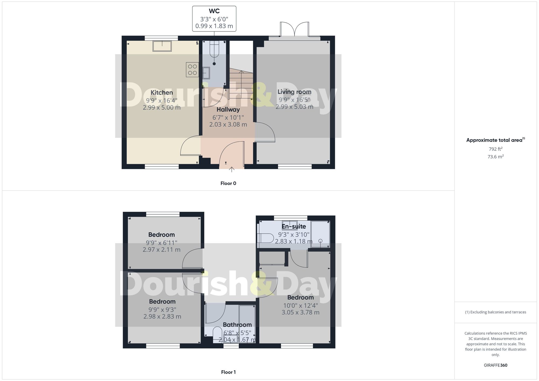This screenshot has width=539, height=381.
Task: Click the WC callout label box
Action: pyautogui.click(x=214, y=19)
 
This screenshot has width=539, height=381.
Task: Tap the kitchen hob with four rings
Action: pyautogui.click(x=192, y=69)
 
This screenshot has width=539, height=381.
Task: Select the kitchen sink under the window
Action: pyautogui.click(x=162, y=46)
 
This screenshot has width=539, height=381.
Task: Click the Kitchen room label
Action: pyautogui.click(x=162, y=93)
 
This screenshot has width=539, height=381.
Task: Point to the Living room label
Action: pyautogui.click(x=294, y=92)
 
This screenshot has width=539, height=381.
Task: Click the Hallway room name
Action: pyautogui.click(x=228, y=110)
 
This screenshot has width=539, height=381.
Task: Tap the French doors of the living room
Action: pyautogui.click(x=295, y=29)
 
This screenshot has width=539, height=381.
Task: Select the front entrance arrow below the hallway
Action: pyautogui.click(x=232, y=169)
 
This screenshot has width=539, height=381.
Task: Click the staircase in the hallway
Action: pyautogui.click(x=241, y=83)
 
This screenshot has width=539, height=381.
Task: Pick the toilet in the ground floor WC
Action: pyautogui.click(x=214, y=50)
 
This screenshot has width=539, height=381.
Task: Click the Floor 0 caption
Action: pyautogui.click(x=228, y=183)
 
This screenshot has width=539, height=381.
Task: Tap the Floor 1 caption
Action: pyautogui.click(x=228, y=372)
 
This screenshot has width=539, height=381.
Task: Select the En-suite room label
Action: pyautogui.click(x=294, y=226)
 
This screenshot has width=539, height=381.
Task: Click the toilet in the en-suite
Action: pyautogui.click(x=265, y=238)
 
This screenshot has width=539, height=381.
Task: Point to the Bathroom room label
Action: pyautogui.click(x=237, y=325)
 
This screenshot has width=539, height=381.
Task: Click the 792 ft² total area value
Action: pyautogui.click(x=495, y=149)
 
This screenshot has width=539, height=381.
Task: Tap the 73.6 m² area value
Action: pyautogui.click(x=495, y=157)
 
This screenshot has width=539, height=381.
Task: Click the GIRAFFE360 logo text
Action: pyautogui.click(x=495, y=365)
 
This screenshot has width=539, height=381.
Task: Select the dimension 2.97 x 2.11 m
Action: pyautogui.click(x=161, y=250)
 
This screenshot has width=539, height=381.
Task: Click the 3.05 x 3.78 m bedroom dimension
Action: pyautogui.click(x=300, y=312)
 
